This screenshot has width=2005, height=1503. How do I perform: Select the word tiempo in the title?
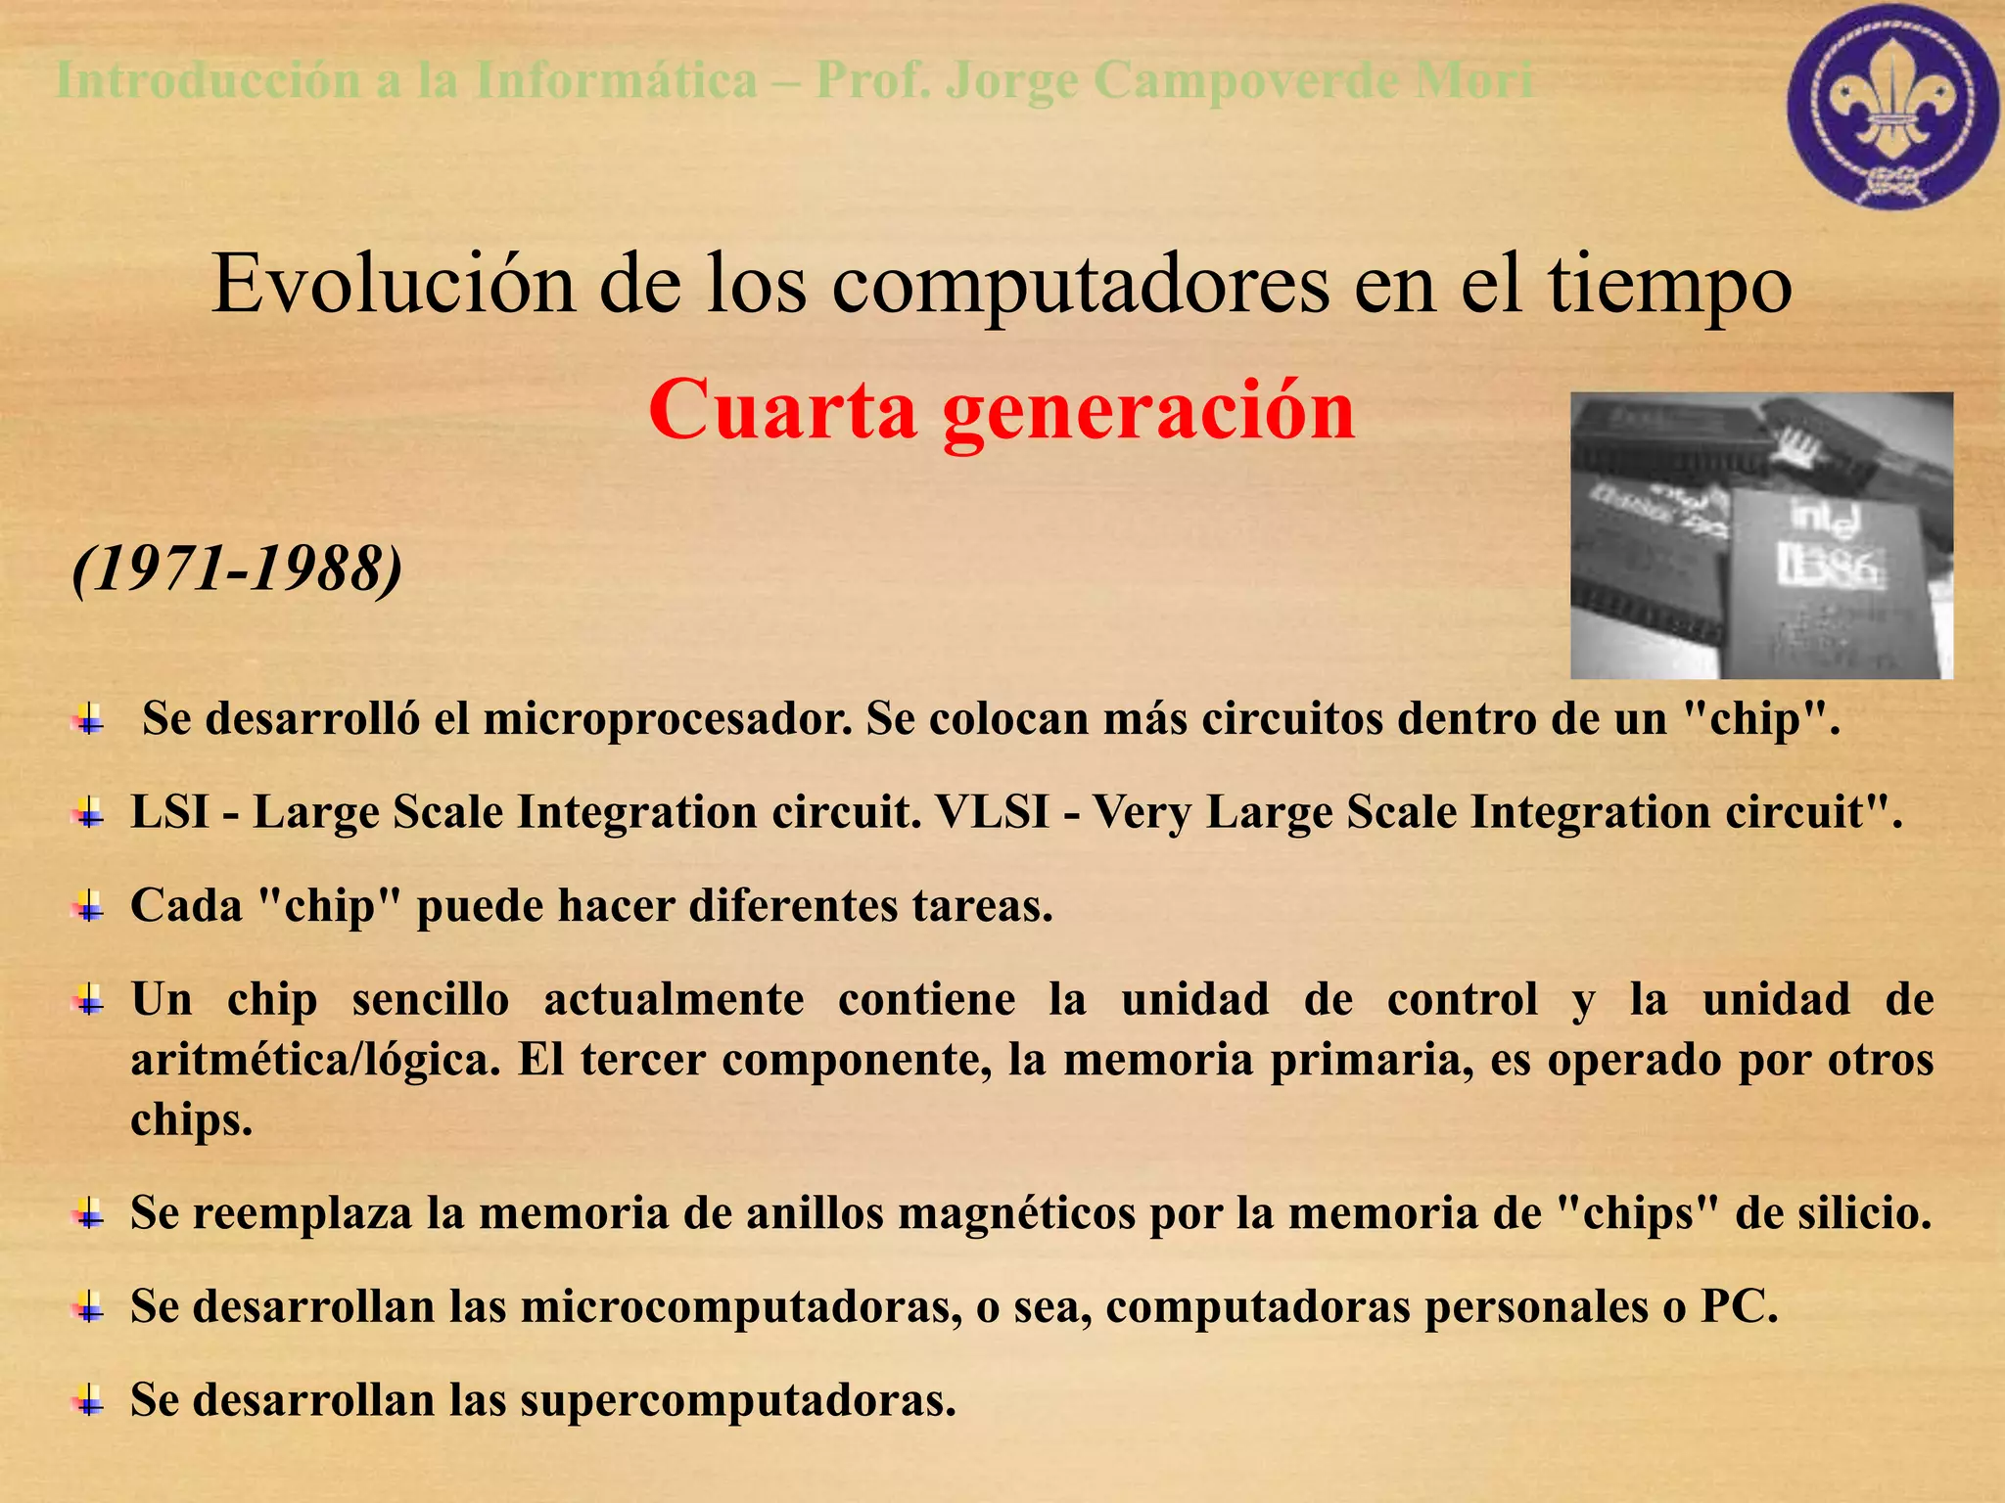point(1670,286)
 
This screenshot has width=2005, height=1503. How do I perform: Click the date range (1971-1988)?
point(238,569)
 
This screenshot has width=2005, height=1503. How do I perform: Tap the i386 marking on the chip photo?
point(1828,568)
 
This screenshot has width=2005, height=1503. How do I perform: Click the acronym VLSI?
point(992,812)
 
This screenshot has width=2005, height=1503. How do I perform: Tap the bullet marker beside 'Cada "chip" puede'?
point(89,907)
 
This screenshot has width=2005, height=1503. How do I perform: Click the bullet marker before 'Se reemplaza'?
point(89,1214)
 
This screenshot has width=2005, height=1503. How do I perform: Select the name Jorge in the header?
point(1011,80)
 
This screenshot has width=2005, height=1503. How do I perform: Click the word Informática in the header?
point(617,80)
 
